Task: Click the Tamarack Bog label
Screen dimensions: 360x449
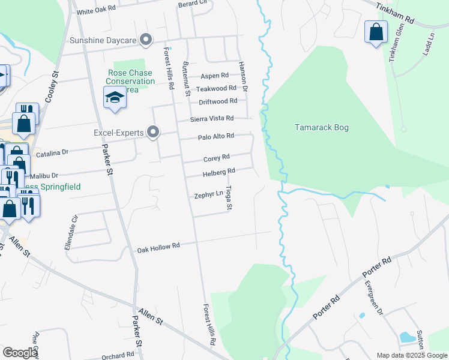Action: [x=321, y=127]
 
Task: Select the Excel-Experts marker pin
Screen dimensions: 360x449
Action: [x=153, y=132]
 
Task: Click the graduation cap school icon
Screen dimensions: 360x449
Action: [x=114, y=98]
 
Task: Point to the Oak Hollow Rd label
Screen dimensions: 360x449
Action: [x=158, y=247]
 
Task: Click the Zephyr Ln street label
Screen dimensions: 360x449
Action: [x=208, y=195]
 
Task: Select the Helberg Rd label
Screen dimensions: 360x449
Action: [x=218, y=172]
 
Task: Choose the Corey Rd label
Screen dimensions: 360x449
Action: [x=216, y=157]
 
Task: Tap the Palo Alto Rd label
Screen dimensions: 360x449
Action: [x=215, y=137]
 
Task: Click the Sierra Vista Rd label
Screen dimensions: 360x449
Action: [x=212, y=118]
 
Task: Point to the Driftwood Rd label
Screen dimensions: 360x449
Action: [x=218, y=101]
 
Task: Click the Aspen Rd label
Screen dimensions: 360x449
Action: [x=214, y=76]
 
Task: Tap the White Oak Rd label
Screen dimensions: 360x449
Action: [x=95, y=11]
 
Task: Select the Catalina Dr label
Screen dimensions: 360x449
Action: [x=52, y=154]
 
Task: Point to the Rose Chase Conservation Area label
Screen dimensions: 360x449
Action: [x=131, y=81]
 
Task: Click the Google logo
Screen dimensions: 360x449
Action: [x=20, y=353]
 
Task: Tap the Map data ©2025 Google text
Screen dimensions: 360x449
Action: [x=411, y=355]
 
